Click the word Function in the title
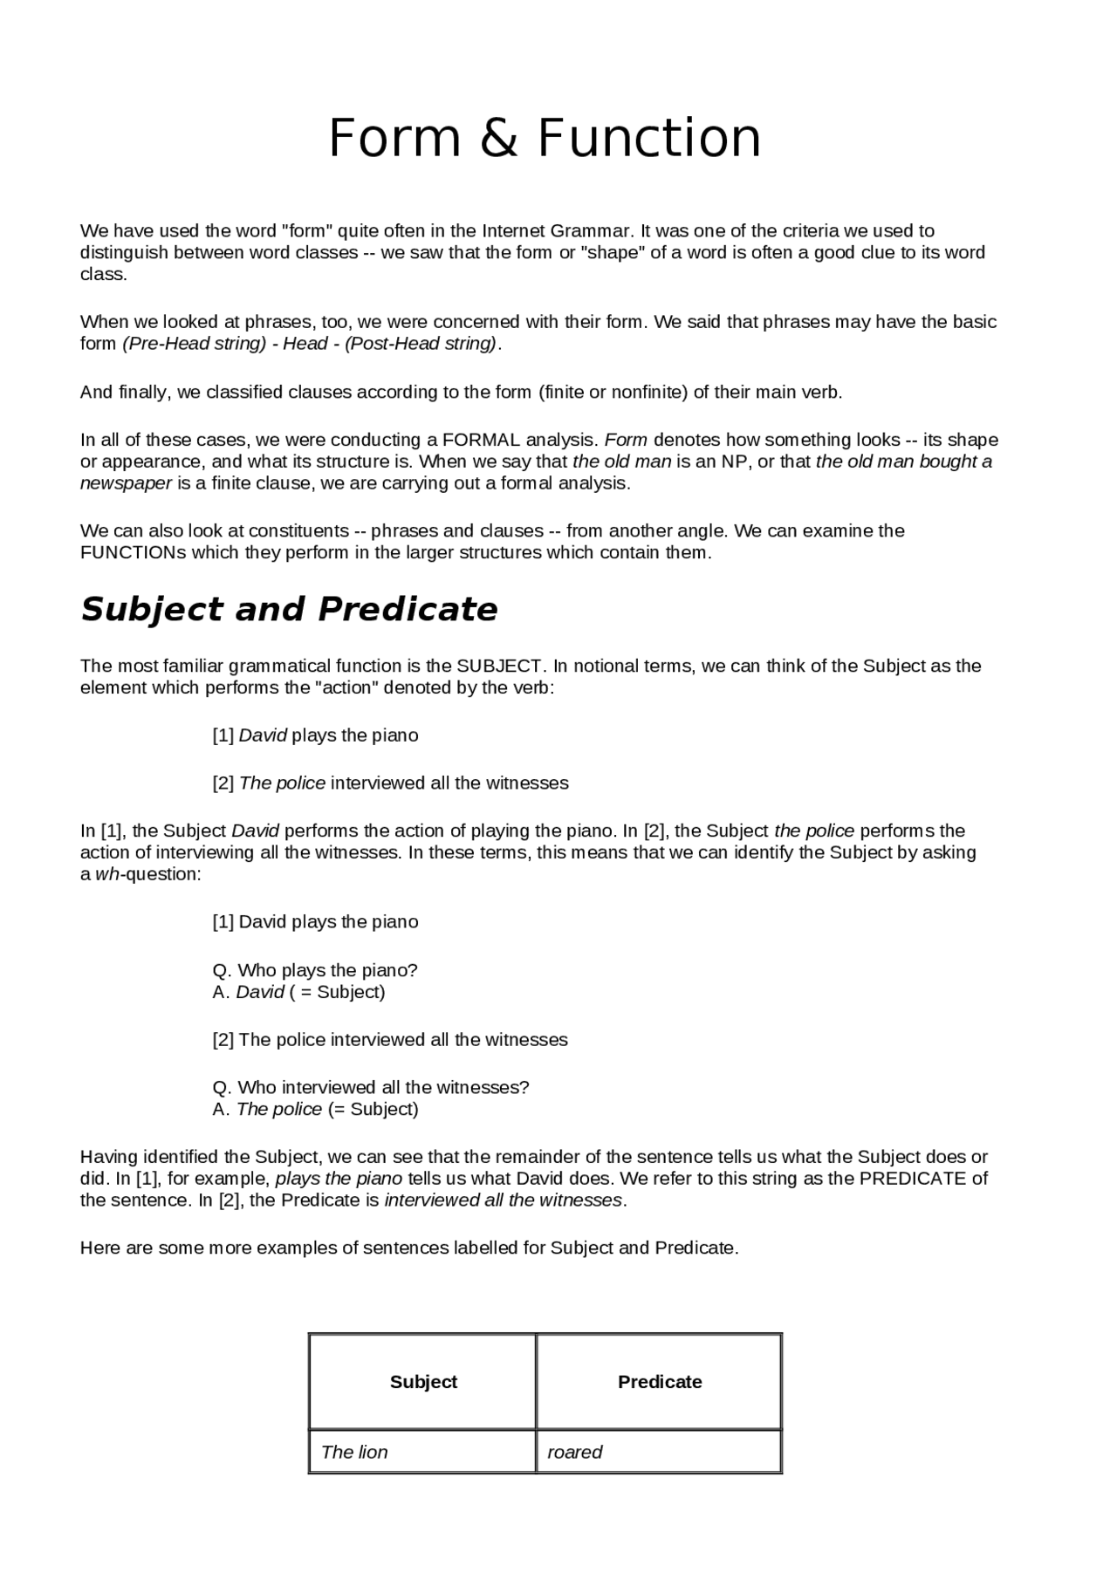(648, 139)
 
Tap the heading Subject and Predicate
(289, 609)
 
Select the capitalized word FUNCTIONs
(133, 552)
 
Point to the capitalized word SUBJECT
(499, 666)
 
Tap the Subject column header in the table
(423, 1382)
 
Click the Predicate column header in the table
(660, 1382)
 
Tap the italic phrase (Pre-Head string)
(194, 344)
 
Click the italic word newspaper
(126, 483)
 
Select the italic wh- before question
(109, 874)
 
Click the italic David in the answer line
(260, 992)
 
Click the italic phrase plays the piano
(339, 1179)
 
